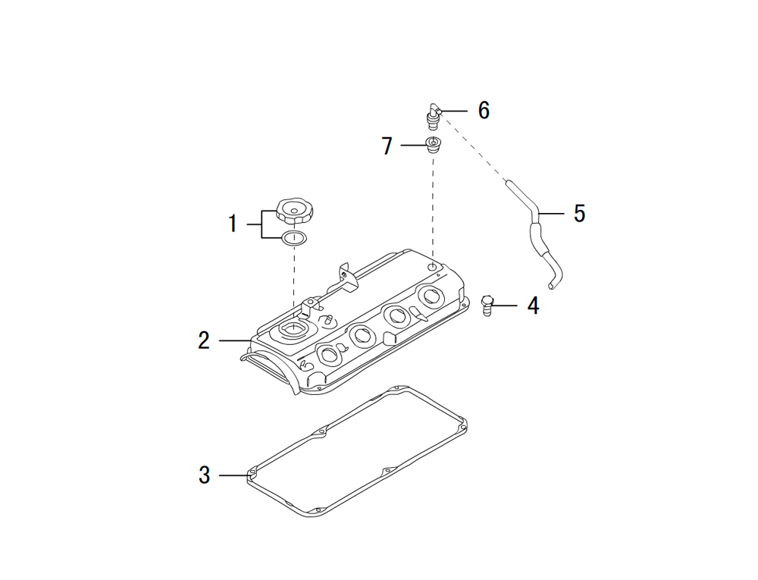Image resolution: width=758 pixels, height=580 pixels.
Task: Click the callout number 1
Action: tap(233, 224)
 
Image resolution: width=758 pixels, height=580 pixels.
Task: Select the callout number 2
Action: tap(204, 340)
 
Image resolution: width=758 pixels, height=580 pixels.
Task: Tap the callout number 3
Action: tap(204, 475)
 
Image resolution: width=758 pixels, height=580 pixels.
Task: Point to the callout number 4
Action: tap(533, 306)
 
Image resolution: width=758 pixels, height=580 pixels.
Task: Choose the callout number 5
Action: tap(579, 214)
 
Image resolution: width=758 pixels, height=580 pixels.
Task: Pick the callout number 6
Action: tap(484, 111)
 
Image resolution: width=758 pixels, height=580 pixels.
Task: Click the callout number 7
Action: tap(387, 146)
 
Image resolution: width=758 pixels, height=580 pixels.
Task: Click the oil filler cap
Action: tap(295, 211)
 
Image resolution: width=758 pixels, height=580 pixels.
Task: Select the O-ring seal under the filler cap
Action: tap(294, 239)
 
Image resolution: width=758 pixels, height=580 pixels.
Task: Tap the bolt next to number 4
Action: tap(488, 306)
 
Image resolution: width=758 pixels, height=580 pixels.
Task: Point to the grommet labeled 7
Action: tap(433, 145)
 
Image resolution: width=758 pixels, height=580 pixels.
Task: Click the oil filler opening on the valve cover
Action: tap(290, 330)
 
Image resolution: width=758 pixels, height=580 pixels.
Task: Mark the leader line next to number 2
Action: tap(235, 340)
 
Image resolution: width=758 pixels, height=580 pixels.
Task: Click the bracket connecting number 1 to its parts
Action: tap(262, 224)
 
